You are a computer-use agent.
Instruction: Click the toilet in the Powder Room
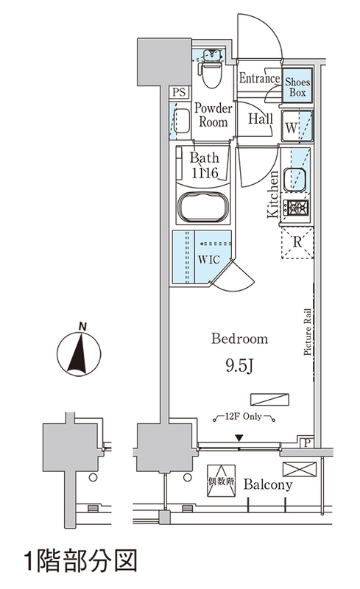211,70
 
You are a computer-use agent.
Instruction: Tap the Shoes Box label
297,87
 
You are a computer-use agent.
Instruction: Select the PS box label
179,92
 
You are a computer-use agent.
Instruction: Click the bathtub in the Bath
203,207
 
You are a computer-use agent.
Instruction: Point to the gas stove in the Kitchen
296,208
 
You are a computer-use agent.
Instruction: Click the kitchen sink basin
294,180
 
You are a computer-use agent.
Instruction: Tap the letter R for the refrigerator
297,242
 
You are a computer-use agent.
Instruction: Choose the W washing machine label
292,127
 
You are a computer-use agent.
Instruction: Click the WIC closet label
209,260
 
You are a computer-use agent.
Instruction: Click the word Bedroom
239,339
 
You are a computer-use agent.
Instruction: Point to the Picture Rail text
308,332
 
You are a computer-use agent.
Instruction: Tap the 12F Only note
243,416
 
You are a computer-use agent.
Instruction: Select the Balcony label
268,484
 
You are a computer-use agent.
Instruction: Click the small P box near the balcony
307,443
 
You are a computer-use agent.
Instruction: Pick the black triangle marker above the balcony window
239,437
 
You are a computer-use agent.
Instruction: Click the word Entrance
260,78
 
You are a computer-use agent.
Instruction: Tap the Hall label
260,119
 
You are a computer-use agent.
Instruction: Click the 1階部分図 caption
80,561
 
